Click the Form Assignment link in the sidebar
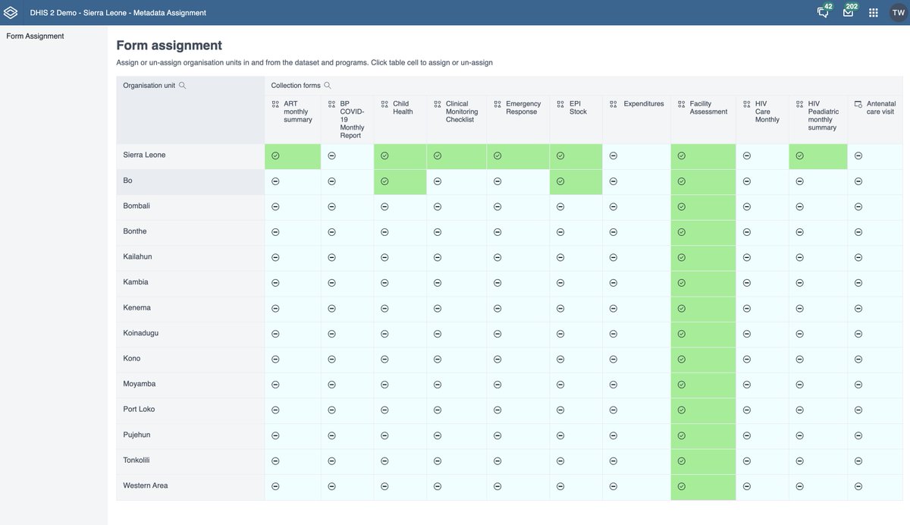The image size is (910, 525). (35, 36)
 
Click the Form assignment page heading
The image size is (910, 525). (169, 46)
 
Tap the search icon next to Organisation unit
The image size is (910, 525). (182, 86)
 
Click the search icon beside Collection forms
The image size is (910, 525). (328, 86)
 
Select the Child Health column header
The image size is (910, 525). (402, 108)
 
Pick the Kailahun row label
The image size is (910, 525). (137, 256)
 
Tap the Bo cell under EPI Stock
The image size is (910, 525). (560, 181)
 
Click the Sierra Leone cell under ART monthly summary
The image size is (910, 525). (275, 156)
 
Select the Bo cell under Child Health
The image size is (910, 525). (384, 181)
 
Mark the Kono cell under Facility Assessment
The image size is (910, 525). (681, 359)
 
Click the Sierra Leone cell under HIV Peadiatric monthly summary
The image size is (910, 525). (799, 156)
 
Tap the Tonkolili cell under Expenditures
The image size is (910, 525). (613, 461)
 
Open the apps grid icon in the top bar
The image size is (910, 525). (873, 13)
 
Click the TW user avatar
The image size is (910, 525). (898, 13)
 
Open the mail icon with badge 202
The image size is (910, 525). (848, 13)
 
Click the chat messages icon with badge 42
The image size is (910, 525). (823, 13)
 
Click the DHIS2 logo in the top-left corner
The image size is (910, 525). (11, 13)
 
